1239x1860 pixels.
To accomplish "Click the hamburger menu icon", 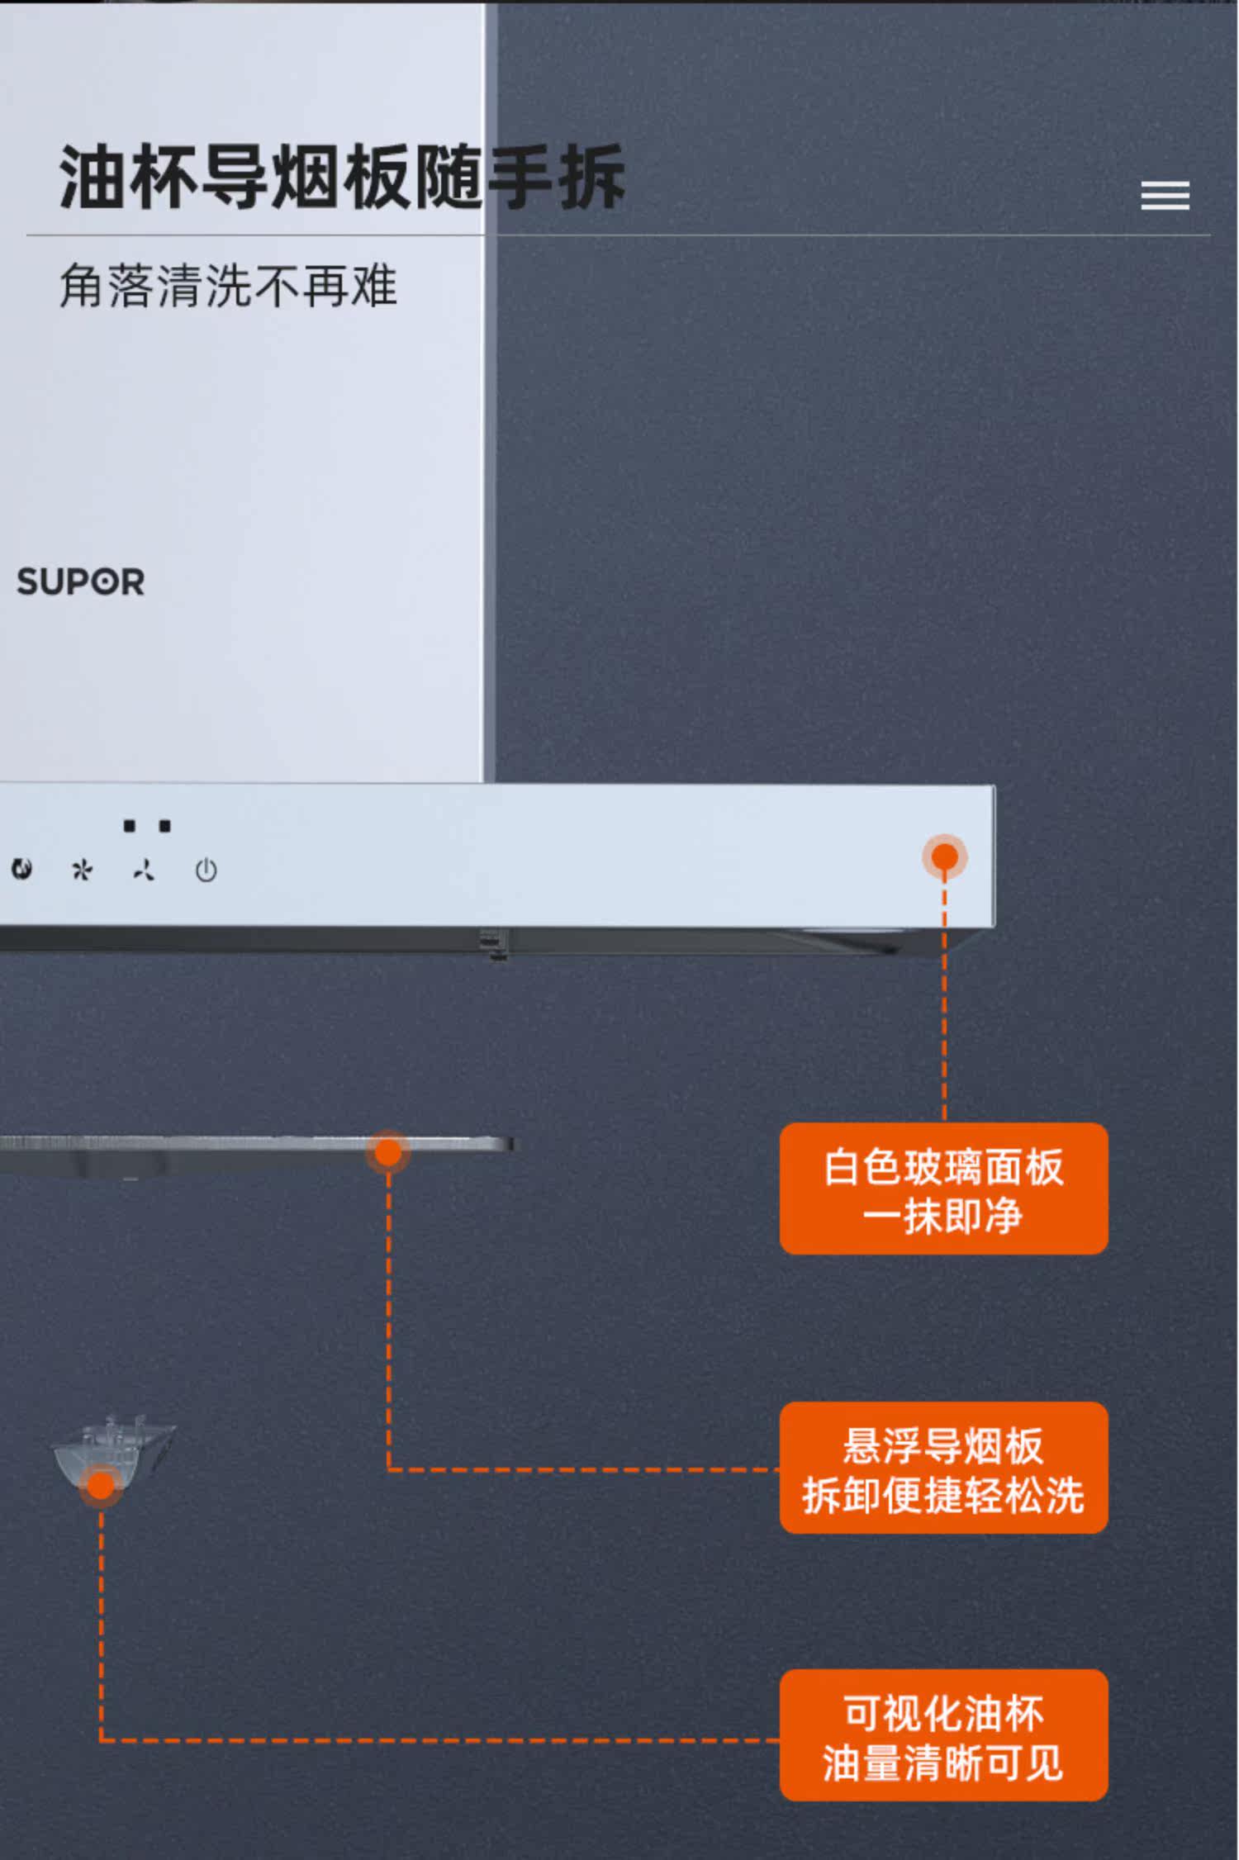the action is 1165,196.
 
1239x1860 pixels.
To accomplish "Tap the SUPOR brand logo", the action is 81,582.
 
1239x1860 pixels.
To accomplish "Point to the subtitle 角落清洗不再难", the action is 228,286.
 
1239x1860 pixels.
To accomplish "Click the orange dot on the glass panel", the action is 944,857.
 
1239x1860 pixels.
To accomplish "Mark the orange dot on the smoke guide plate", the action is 388,1152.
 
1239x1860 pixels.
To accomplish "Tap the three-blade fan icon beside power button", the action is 144,871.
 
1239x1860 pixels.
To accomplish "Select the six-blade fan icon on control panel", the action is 82,870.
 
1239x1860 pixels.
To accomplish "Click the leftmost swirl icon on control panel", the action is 21,869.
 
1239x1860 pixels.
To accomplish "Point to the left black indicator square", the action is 129,826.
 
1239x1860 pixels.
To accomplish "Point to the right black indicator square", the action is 165,826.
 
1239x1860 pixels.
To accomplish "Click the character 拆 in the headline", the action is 591,177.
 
